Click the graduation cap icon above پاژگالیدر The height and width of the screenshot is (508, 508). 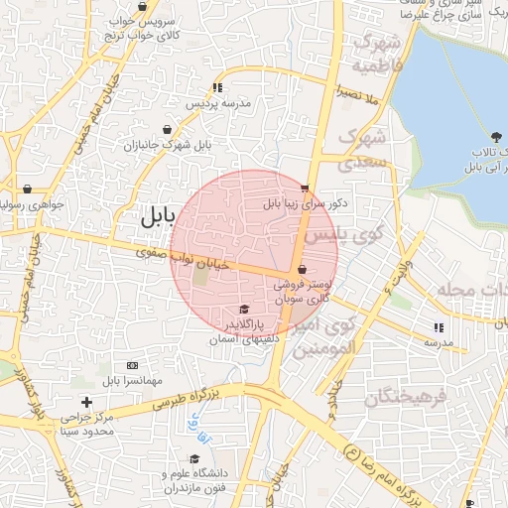click(245, 309)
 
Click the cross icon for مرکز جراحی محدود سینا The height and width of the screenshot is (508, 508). click(87, 402)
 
